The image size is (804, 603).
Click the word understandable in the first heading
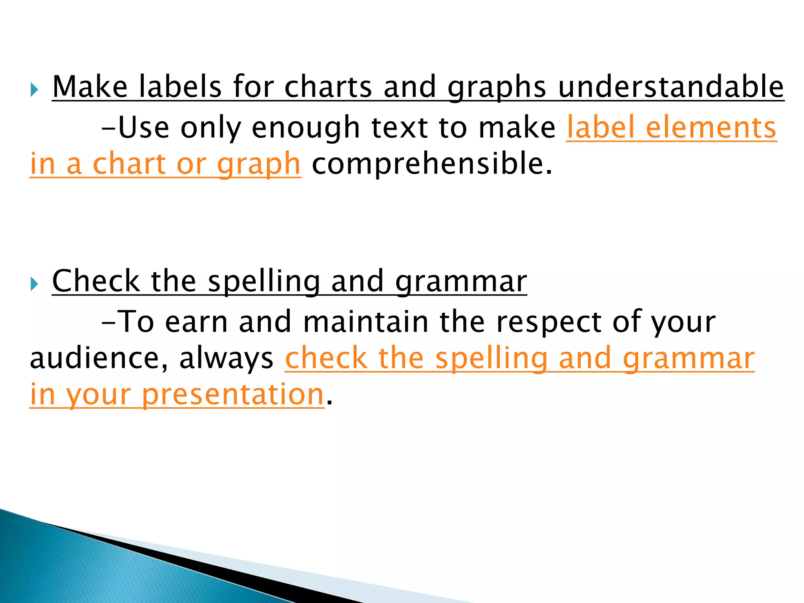[x=671, y=87]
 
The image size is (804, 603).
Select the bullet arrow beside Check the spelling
[x=34, y=284]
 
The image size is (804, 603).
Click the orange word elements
[x=711, y=128]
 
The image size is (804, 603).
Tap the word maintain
[x=366, y=322]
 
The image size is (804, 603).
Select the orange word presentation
[x=232, y=395]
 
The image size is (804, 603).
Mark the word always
[x=226, y=359]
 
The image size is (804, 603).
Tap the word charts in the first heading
[x=328, y=87]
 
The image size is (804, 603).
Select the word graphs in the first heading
[x=497, y=88]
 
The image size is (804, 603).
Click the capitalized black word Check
[x=96, y=281]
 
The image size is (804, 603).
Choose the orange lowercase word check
[x=326, y=358]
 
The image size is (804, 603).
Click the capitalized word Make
[x=90, y=87]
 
